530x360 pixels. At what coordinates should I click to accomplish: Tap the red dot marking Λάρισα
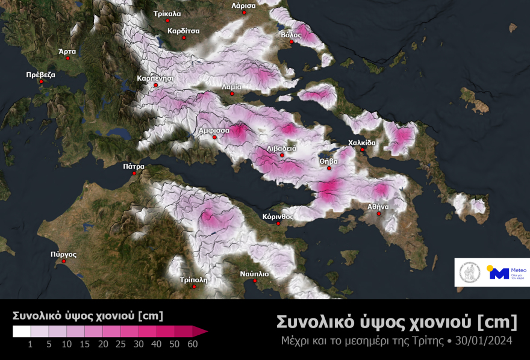point(243,14)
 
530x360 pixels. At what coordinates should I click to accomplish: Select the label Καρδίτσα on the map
point(184,29)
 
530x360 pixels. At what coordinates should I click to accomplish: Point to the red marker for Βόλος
point(291,43)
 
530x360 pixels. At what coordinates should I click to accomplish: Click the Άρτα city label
point(67,52)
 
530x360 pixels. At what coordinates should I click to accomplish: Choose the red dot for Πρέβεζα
point(41,81)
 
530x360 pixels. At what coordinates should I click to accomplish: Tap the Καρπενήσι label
point(155,78)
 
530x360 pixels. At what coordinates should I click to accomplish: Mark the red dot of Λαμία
point(232,94)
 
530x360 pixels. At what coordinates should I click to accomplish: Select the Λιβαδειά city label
point(281,148)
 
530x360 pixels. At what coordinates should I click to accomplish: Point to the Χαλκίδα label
point(362,143)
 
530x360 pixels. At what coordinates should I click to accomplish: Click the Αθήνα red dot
point(379,214)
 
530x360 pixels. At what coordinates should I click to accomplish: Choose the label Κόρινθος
point(278,216)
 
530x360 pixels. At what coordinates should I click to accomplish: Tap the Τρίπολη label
point(193,280)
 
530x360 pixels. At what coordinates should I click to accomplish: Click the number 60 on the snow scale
point(192,344)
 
